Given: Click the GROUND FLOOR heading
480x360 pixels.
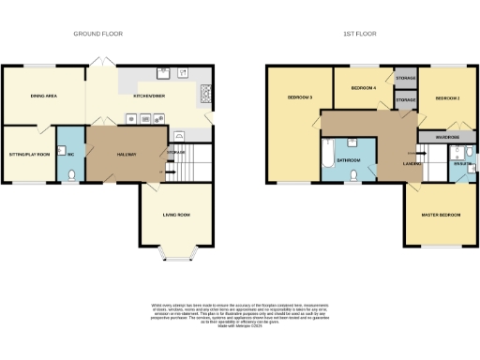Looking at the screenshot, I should pos(98,34).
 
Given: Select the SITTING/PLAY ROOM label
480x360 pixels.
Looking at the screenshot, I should pos(28,154).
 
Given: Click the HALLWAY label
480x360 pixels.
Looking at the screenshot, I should pos(127,154).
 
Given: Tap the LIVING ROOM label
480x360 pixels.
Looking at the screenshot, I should pos(176,216).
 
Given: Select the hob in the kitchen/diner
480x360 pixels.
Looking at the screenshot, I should pos(205,93).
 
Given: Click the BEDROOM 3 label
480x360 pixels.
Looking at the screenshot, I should pos(299,97).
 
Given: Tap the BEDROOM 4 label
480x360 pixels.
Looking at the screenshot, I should pos(362,88).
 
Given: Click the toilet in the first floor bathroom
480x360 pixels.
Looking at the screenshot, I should pos(353,173).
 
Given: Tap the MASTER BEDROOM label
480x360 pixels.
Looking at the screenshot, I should pos(441,216).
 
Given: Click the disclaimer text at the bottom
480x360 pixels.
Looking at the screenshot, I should pos(240,313).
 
